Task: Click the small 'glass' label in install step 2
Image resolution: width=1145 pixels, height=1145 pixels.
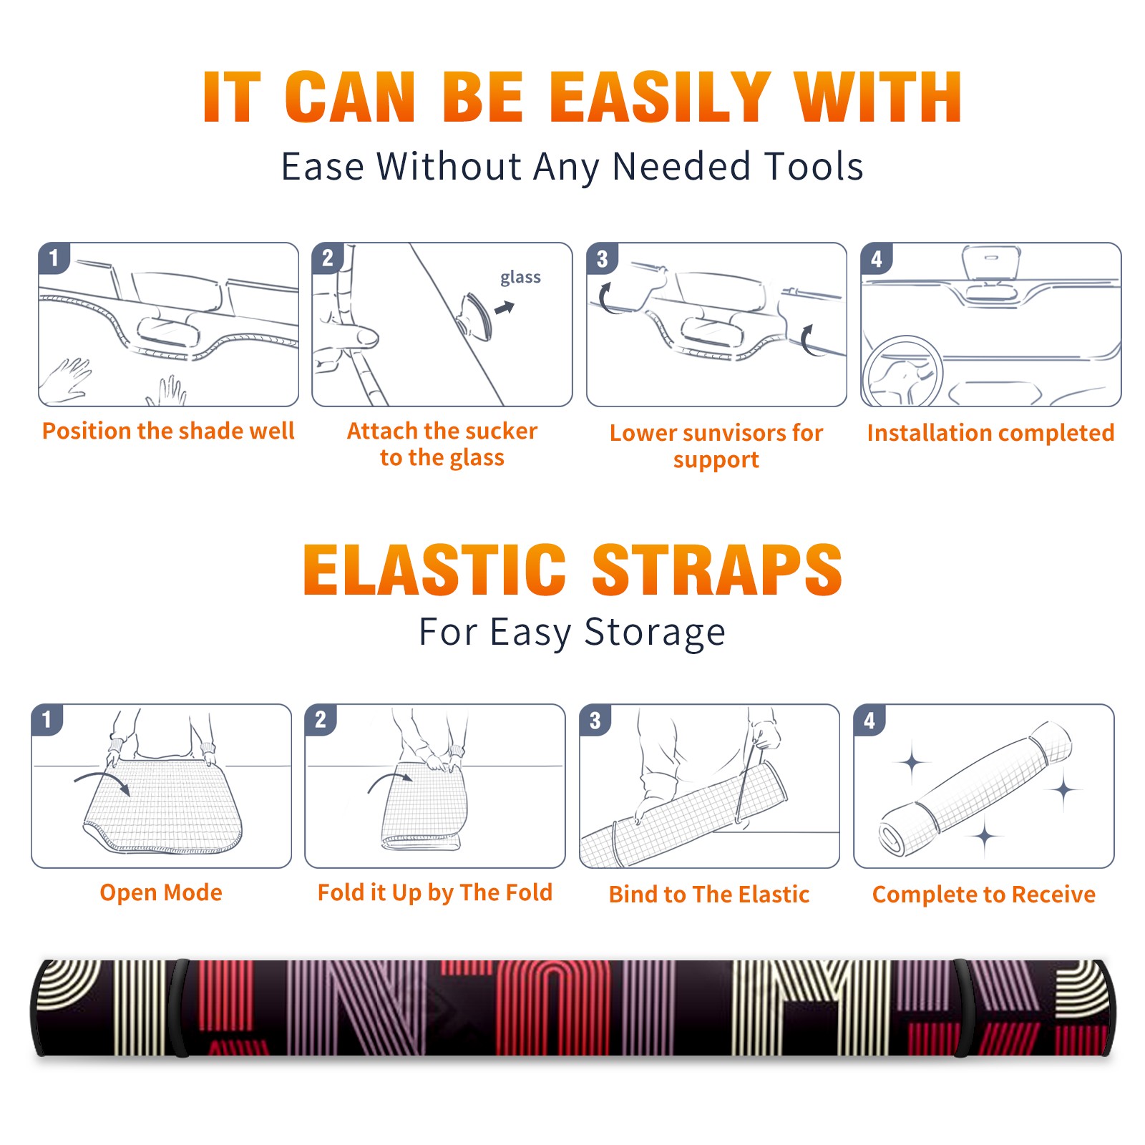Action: point(520,278)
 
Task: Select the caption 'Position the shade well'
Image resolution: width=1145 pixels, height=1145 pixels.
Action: point(168,431)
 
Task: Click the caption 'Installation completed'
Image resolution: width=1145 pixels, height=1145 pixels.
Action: point(990,433)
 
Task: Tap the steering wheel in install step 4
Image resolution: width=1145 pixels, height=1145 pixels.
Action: point(902,371)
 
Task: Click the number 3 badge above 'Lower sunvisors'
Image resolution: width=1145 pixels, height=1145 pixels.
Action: point(602,259)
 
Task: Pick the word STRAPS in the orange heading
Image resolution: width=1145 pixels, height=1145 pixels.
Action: point(717,570)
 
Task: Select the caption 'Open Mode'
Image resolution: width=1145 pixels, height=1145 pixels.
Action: point(161,892)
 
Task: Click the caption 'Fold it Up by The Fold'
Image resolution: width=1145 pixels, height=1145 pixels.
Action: point(435,893)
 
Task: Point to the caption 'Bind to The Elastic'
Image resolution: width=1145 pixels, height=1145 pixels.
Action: point(709,895)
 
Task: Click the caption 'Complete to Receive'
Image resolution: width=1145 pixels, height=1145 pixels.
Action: point(984,895)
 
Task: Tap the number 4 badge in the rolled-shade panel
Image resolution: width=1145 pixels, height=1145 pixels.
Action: point(869,721)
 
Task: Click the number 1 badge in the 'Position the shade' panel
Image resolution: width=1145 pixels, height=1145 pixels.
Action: point(54,258)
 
